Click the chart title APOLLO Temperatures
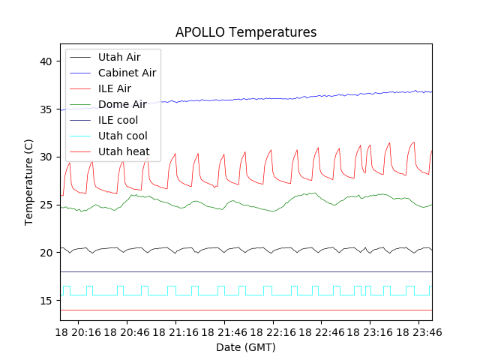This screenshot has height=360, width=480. [x=246, y=32]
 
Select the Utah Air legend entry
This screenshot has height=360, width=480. [x=119, y=57]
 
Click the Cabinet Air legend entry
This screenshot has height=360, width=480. [x=127, y=73]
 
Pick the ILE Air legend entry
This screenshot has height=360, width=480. [x=115, y=88]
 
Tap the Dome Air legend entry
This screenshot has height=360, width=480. [x=121, y=104]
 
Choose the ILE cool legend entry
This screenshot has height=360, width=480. [x=118, y=120]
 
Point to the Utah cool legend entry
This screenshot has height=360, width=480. [x=122, y=136]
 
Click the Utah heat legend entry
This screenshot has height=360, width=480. [x=124, y=151]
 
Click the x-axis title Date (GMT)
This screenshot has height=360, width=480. [x=246, y=347]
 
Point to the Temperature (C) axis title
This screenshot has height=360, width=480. [x=29, y=182]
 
